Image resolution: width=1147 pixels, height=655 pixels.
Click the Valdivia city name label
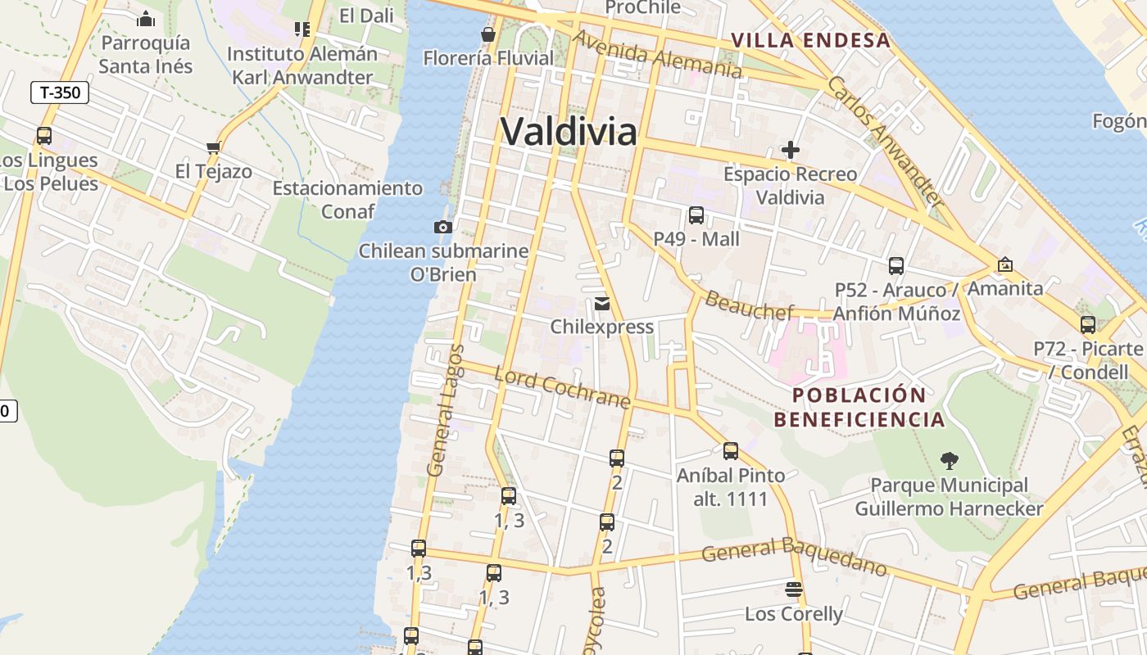568,131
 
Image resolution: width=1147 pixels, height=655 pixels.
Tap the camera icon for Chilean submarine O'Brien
443,227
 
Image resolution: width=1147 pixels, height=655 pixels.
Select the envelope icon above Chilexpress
602,304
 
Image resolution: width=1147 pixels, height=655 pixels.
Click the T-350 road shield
60,93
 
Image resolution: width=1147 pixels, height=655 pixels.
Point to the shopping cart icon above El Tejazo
214,148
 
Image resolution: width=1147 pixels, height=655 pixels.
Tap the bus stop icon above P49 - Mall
696,215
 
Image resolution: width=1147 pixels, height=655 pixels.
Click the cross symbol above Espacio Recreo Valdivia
791,150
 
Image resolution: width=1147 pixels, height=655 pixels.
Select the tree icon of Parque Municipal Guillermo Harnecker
950,461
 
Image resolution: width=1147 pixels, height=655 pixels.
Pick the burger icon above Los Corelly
793,589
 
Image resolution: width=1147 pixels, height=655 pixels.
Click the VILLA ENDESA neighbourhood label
810,40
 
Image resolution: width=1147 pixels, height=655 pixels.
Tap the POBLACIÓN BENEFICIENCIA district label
859,407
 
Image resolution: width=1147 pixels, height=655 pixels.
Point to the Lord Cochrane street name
563,388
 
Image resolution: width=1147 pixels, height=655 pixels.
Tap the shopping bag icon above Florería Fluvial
488,34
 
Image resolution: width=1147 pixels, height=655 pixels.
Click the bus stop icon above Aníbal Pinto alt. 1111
730,451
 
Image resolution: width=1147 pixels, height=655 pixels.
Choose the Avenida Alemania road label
657,54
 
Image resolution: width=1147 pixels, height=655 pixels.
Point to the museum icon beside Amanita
1004,264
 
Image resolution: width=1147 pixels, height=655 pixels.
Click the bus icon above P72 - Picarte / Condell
1088,325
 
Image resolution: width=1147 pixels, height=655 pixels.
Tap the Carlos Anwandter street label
885,140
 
